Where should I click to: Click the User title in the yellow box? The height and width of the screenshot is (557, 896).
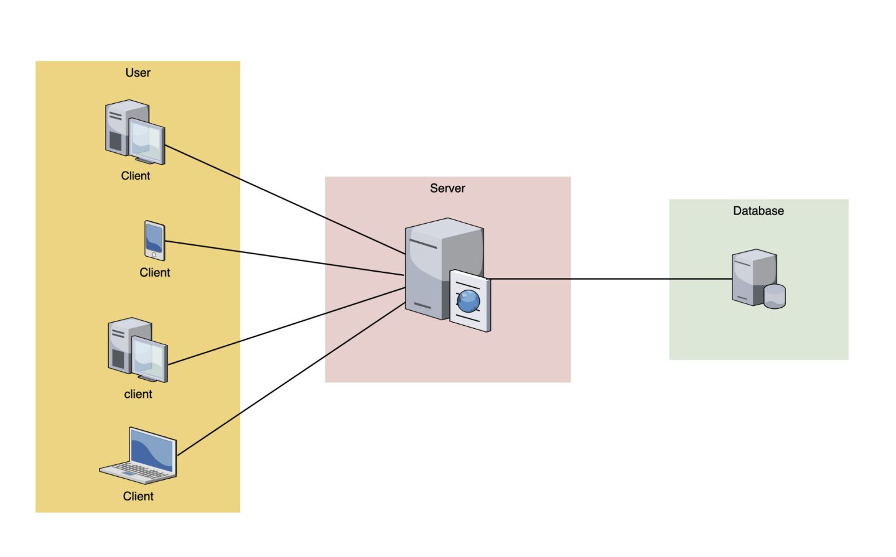pyautogui.click(x=138, y=73)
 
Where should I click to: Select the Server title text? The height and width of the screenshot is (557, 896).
pyautogui.click(x=447, y=188)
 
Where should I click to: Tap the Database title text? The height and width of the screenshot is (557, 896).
pyautogui.click(x=758, y=211)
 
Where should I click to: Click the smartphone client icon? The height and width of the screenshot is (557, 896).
pyautogui.click(x=154, y=240)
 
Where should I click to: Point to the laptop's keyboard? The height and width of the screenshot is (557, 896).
pyautogui.click(x=140, y=470)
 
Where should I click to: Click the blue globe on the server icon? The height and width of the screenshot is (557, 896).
pyautogui.click(x=468, y=302)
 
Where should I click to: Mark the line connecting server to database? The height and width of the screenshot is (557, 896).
pyautogui.click(x=610, y=279)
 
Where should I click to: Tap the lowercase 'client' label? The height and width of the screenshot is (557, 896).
pyautogui.click(x=138, y=394)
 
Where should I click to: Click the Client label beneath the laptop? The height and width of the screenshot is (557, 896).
pyautogui.click(x=138, y=496)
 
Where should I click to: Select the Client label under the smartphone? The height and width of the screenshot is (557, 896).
pyautogui.click(x=154, y=272)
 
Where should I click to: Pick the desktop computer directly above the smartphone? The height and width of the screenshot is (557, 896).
pyautogui.click(x=134, y=132)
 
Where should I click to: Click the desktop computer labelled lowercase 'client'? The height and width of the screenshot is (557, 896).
pyautogui.click(x=137, y=350)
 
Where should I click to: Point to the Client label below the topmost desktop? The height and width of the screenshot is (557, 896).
pyautogui.click(x=135, y=176)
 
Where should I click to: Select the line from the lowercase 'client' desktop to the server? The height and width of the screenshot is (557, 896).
pyautogui.click(x=286, y=326)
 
